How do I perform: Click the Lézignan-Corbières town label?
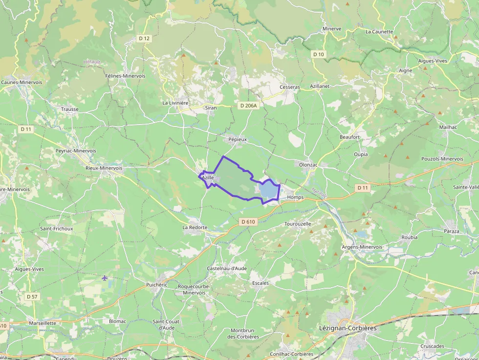[348, 328]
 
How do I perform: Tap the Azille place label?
[208, 178]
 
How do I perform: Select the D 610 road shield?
[248, 222]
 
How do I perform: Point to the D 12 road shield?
[144, 38]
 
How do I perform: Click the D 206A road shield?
[248, 106]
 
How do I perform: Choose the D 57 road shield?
[32, 296]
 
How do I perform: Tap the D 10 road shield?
[318, 54]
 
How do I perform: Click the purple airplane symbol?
[105, 278]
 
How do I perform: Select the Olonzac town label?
[308, 165]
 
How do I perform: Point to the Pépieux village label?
[238, 139]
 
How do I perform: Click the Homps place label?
[295, 197]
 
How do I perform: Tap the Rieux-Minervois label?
[104, 168]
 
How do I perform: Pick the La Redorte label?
[195, 228]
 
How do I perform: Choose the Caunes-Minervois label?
[22, 83]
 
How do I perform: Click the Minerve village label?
[331, 29]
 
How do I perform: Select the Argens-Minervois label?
[362, 247]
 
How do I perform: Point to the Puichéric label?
[157, 284]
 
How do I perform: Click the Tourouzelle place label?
[298, 224]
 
